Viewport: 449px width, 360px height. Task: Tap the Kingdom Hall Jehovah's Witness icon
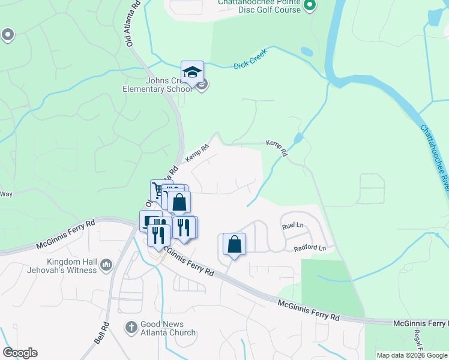tap(107, 265)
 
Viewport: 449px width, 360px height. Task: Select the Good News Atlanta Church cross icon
tap(131, 327)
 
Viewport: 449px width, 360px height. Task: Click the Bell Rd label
tap(101, 333)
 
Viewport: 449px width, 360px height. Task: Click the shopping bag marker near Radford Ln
tap(235, 244)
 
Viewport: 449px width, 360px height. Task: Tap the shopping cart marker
tap(159, 191)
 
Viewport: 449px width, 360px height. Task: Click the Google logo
tap(19, 353)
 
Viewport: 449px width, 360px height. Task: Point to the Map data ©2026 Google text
tap(411, 355)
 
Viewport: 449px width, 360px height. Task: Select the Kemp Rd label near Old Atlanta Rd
tap(197, 152)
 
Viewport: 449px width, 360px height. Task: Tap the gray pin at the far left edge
tap(8, 35)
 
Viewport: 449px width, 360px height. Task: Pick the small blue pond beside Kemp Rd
tap(298, 138)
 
